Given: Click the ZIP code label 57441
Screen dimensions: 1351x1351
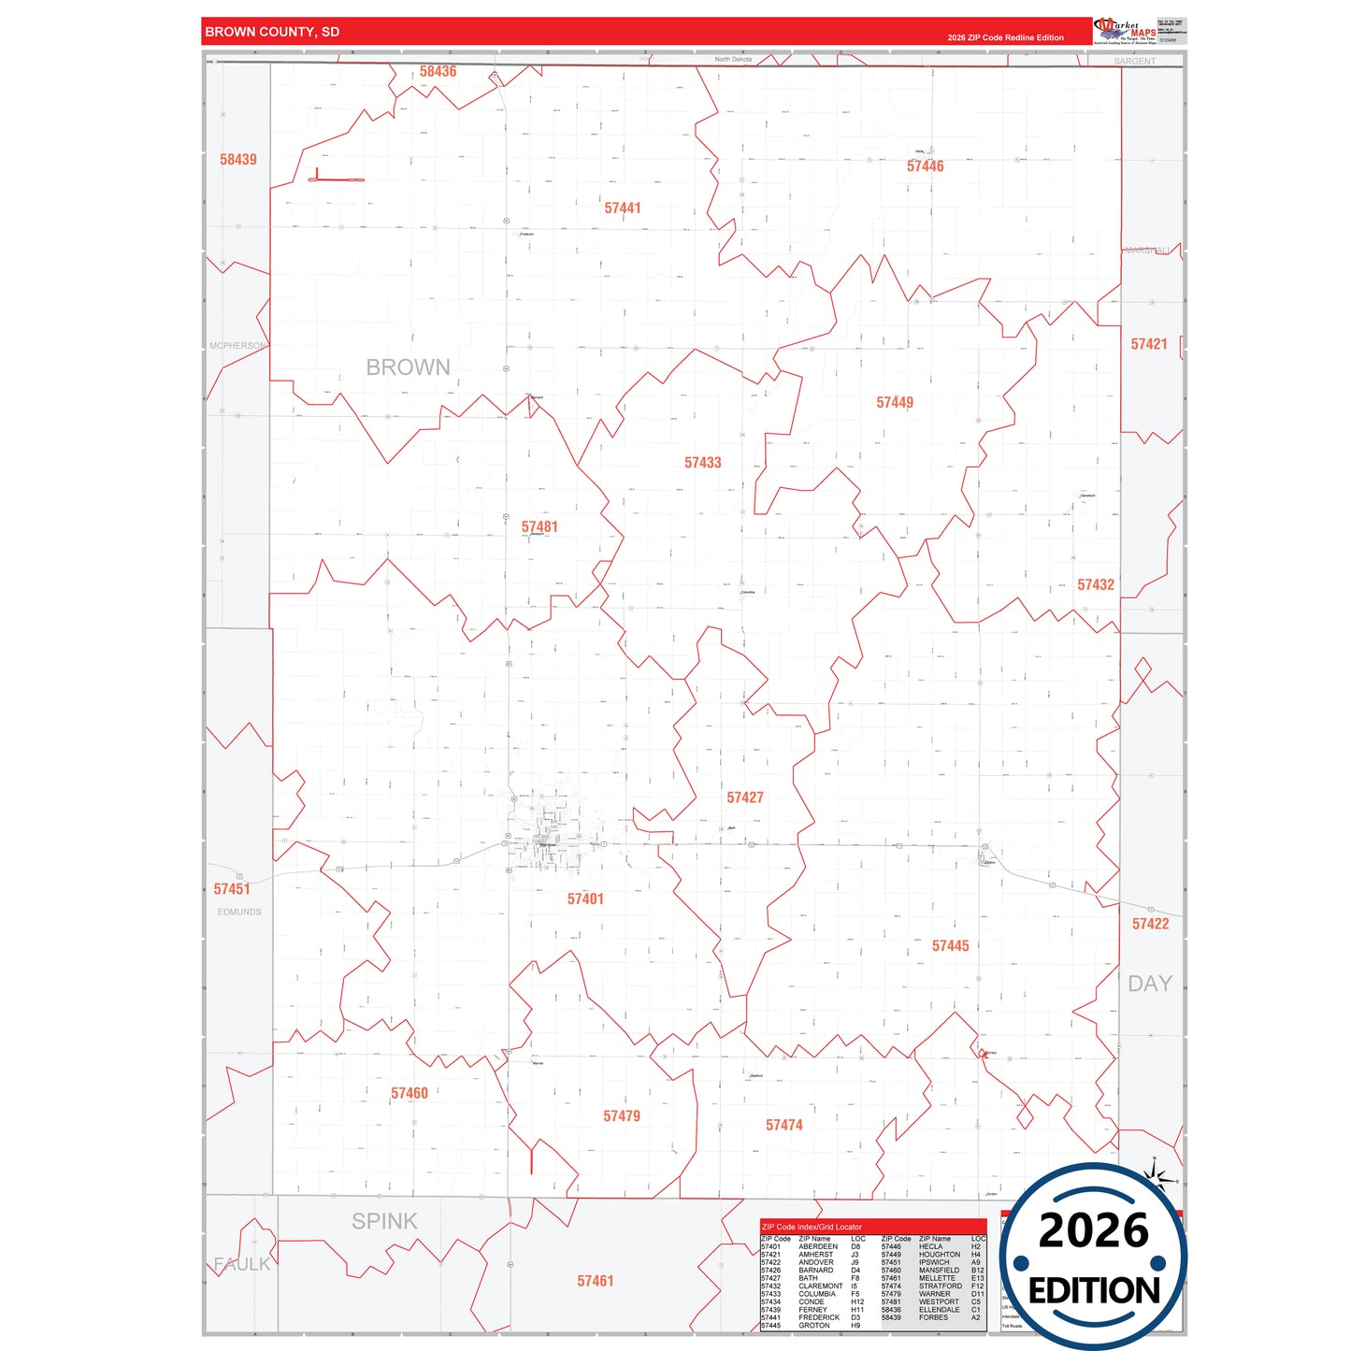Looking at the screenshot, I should (x=623, y=208).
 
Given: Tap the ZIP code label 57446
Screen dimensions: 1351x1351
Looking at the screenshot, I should (x=925, y=166).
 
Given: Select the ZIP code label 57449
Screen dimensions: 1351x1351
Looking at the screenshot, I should (x=895, y=403).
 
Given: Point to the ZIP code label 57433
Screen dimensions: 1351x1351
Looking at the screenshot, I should (x=702, y=463).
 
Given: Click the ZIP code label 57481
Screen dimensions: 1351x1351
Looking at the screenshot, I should (x=539, y=527).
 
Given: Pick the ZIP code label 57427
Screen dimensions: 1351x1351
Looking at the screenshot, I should (x=745, y=798).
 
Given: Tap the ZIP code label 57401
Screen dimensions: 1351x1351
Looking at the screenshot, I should (x=585, y=899).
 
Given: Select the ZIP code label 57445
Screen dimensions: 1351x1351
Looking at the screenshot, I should (x=950, y=946).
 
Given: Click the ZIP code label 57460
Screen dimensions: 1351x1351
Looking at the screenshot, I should (x=410, y=1093).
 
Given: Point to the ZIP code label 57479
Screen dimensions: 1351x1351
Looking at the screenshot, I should (x=622, y=1116).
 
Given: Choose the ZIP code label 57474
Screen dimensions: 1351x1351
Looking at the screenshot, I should (x=783, y=1126).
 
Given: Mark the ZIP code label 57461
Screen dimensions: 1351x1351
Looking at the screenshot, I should (x=596, y=1281).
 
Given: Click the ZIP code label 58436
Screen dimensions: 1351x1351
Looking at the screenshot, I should (x=438, y=72).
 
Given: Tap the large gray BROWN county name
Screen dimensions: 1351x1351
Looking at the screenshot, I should (x=408, y=367).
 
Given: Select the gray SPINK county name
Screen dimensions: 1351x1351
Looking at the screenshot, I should (x=384, y=1221).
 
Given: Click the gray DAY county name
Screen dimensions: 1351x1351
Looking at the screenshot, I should (x=1149, y=984).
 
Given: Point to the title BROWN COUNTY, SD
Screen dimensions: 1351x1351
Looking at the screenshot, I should (x=272, y=32).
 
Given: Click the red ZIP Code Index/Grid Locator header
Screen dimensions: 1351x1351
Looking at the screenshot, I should (x=812, y=1227).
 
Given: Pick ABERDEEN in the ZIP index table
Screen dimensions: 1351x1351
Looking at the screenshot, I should (x=817, y=1246).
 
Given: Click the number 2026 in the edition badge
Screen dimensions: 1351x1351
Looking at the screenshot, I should (x=1093, y=1230).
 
